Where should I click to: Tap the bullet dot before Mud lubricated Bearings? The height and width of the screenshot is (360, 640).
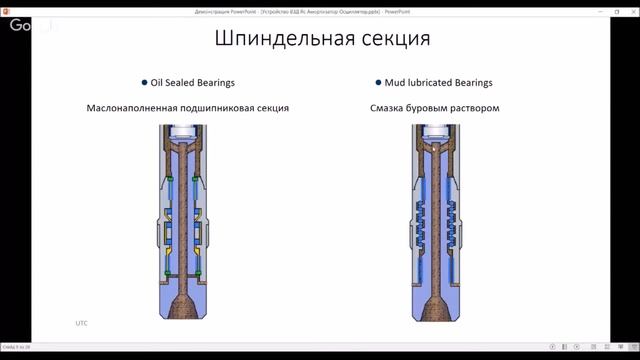(378, 83)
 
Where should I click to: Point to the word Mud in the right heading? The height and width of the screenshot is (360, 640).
(396, 83)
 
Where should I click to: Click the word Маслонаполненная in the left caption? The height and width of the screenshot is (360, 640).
(137, 107)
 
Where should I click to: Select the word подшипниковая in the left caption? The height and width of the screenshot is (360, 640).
(225, 107)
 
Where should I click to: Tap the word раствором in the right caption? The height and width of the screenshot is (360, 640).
(472, 107)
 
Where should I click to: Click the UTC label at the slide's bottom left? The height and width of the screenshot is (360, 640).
(82, 323)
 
